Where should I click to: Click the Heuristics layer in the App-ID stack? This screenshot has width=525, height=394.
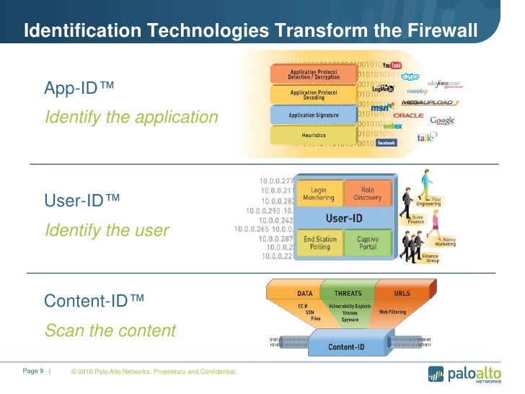(313, 135)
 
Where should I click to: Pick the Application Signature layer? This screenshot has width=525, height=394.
(313, 115)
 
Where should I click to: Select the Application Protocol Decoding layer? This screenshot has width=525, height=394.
(313, 95)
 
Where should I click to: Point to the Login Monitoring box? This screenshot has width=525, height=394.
(319, 194)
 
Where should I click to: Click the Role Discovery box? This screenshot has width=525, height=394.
(368, 194)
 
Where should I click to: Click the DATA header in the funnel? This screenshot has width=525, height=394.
(305, 293)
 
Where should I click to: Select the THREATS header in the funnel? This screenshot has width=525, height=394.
(348, 293)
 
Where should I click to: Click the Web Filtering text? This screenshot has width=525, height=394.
(394, 312)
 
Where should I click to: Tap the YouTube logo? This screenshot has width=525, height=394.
(392, 66)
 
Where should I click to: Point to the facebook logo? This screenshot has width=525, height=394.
(387, 143)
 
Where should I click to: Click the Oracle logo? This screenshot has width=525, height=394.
(408, 115)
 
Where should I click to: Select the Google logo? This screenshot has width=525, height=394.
(442, 121)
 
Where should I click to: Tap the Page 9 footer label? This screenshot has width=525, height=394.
(34, 371)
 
